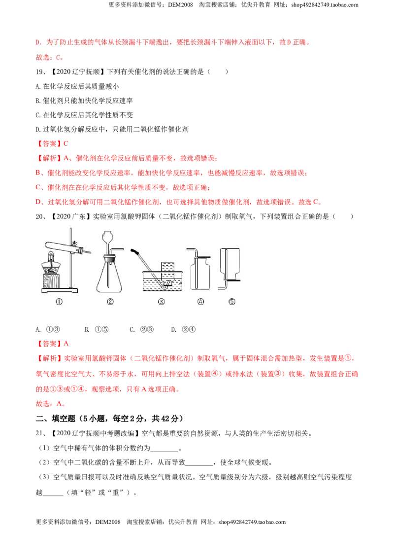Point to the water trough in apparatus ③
click(x=163, y=280)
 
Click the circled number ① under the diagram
click(x=59, y=301)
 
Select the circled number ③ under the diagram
click(x=161, y=301)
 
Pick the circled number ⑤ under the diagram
click(x=231, y=301)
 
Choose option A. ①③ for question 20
click(x=48, y=330)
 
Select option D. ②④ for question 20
click(x=183, y=330)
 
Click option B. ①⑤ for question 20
click(x=97, y=330)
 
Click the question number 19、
click(x=41, y=72)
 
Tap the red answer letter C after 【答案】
click(x=66, y=144)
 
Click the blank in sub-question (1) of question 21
click(x=164, y=449)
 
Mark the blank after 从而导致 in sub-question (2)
click(x=199, y=463)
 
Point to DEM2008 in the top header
click(x=180, y=5)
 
